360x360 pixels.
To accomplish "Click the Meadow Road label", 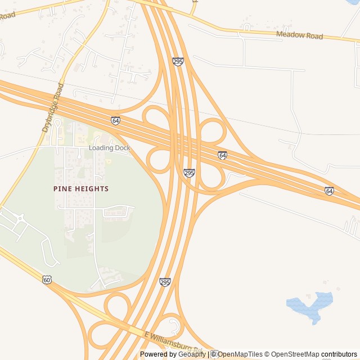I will (x=299, y=35).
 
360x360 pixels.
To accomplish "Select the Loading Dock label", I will (x=109, y=148).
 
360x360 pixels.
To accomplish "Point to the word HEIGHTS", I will (x=91, y=189).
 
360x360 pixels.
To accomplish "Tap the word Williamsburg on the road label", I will (x=172, y=341).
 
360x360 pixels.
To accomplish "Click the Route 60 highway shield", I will (x=47, y=279).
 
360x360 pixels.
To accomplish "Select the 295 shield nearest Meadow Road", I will (x=178, y=61).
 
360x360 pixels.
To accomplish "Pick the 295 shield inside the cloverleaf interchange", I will (x=189, y=173).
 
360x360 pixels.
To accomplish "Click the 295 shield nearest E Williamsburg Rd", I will (x=165, y=281).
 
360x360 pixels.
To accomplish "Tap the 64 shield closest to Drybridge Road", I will (x=115, y=120).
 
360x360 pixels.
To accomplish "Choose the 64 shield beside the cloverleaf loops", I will (x=223, y=155).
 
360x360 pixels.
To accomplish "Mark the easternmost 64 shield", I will (x=329, y=191).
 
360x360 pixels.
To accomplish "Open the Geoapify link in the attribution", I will (x=192, y=354).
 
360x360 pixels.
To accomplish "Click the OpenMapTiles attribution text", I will (x=240, y=354).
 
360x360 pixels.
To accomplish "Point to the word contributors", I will (x=339, y=354).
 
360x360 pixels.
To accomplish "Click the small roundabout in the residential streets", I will (x=20, y=218).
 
